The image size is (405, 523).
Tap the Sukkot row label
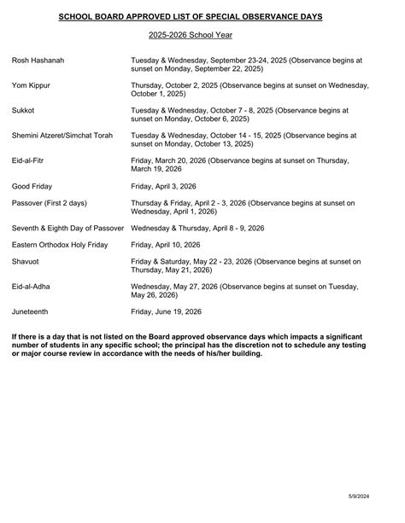(24, 110)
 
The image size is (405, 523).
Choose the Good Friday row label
(34, 184)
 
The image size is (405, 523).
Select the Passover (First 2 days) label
(53, 202)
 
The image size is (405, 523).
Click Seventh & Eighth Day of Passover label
(68, 228)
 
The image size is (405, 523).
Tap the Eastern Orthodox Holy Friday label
(60, 244)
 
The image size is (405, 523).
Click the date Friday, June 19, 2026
(166, 311)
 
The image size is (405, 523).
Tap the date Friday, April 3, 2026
(162, 184)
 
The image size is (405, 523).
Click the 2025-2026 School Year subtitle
(202, 35)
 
